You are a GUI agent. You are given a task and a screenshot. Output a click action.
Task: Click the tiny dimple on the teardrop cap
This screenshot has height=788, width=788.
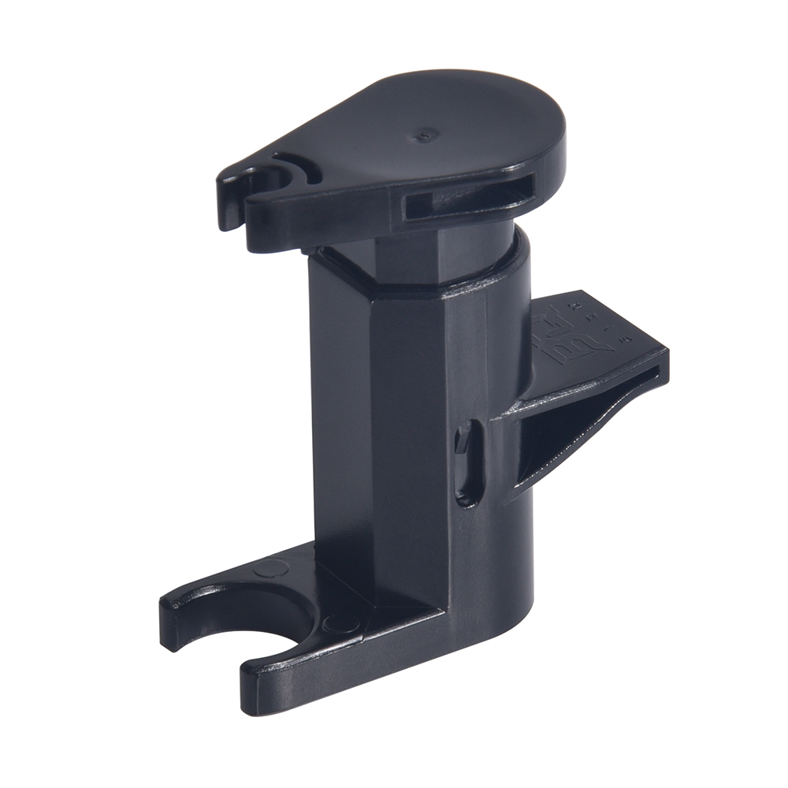426,135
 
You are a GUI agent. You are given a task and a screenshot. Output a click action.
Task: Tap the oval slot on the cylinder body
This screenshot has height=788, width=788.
466,462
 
